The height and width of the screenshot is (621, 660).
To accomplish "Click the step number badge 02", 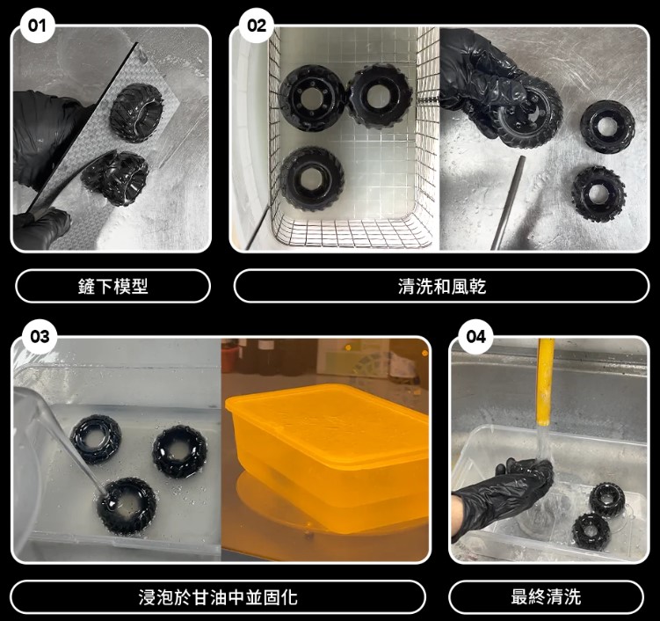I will click(255, 26).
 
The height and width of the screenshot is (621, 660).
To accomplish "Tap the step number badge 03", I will click(39, 337).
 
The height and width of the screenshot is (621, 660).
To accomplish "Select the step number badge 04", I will click(475, 337).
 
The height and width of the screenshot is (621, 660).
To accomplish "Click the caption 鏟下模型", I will click(113, 286).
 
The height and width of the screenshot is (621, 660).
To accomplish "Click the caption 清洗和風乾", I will click(441, 286).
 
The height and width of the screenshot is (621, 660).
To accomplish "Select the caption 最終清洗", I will click(546, 597).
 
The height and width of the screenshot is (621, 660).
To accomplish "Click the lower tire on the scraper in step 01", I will click(116, 176).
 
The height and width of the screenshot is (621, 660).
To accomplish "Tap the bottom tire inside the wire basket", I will click(311, 179).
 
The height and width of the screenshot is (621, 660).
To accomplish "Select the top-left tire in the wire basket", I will click(312, 97).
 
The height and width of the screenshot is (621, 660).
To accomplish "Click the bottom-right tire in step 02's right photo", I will click(598, 193).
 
